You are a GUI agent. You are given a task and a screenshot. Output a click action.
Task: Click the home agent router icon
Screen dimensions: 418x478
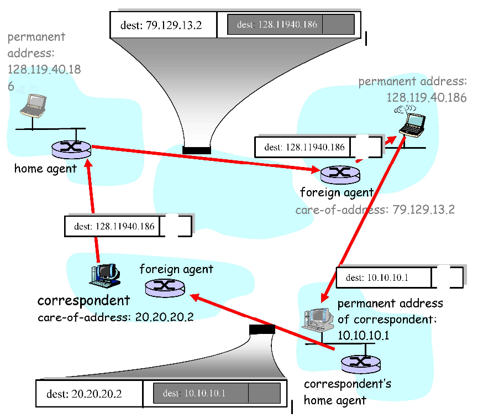(71, 148)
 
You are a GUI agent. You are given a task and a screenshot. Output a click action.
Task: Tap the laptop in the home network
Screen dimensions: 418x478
(32, 104)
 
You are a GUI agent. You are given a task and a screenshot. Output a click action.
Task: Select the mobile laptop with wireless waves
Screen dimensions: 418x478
(412, 124)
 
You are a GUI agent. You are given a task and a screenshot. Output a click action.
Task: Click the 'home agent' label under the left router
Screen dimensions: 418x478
(45, 168)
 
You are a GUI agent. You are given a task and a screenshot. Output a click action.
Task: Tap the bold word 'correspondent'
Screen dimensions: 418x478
(83, 301)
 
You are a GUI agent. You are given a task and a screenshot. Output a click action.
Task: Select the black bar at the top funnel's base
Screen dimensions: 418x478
(197, 150)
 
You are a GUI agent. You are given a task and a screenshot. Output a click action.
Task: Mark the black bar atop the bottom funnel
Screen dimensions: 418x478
(262, 330)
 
